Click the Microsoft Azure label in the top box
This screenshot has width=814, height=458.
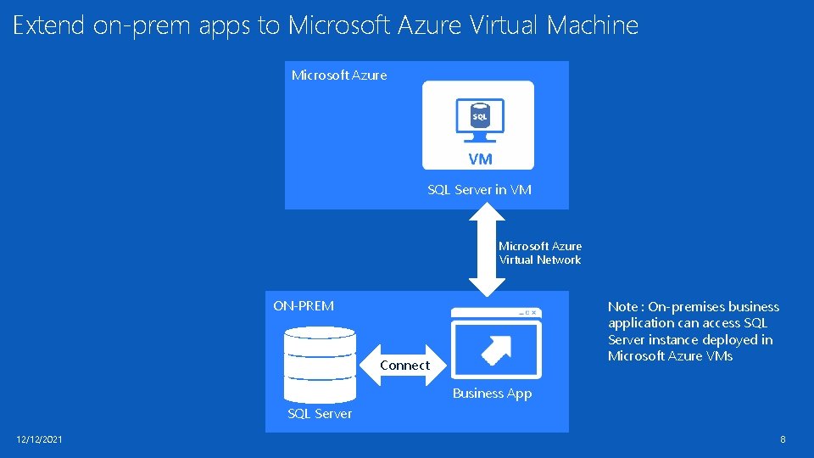[339, 75]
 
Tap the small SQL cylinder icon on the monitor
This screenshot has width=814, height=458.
[479, 115]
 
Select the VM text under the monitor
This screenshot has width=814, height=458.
[479, 159]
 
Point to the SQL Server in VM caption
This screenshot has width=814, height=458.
[479, 190]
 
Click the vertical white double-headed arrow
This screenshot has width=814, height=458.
[486, 253]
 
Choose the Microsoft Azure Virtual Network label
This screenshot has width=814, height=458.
[540, 253]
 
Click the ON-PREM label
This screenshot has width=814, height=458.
[304, 306]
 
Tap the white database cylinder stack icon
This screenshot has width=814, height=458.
[321, 365]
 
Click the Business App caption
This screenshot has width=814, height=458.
[492, 394]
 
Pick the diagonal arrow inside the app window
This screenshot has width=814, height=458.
[496, 348]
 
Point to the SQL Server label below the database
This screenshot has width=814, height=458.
[320, 414]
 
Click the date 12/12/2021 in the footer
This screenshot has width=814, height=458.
[39, 439]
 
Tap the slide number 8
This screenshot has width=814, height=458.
[783, 439]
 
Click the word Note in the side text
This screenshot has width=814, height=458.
[622, 307]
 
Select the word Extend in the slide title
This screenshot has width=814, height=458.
[49, 25]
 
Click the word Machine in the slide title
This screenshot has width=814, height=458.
[593, 25]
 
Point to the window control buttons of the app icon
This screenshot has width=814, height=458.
[526, 313]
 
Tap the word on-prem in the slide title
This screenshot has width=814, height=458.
[142, 25]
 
